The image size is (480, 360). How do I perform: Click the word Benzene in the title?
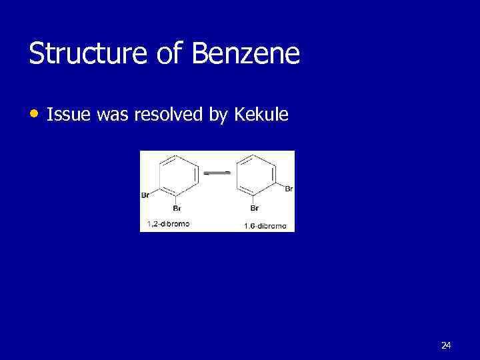click(246, 54)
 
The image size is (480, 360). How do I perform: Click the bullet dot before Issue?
click(34, 114)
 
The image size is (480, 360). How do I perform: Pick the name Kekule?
click(261, 115)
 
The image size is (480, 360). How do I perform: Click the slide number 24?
click(446, 345)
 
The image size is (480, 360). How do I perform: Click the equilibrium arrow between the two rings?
click(217, 173)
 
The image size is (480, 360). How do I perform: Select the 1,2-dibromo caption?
click(167, 224)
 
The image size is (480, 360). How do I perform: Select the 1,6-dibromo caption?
click(265, 226)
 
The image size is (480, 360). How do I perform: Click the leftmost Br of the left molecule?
click(146, 195)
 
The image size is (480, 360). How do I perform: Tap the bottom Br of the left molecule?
click(177, 208)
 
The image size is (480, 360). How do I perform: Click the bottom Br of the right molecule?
click(254, 208)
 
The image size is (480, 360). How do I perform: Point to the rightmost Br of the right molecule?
click(289, 189)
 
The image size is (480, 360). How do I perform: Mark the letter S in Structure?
click(37, 54)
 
